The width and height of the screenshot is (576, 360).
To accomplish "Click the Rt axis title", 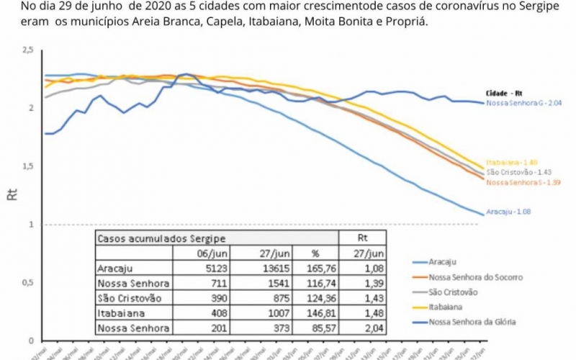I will click(x=12, y=194).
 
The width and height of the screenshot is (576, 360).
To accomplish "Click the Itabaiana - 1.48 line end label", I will click(x=511, y=163).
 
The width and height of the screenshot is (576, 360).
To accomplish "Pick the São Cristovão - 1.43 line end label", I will click(x=513, y=173).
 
